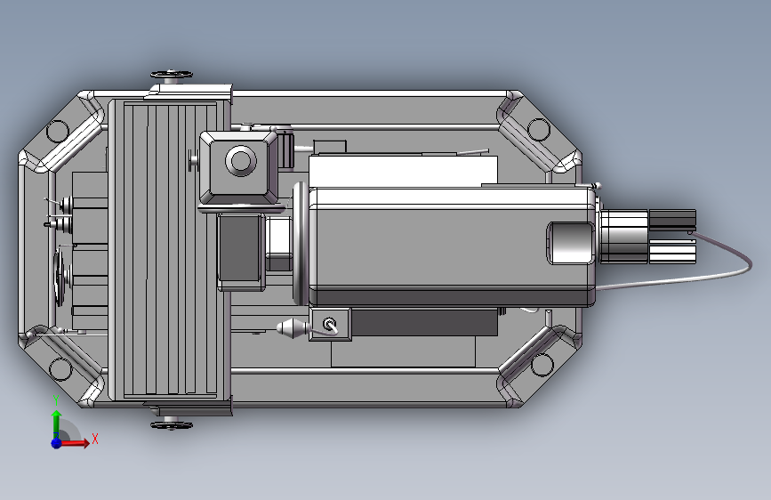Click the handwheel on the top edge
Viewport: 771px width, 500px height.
(x=172, y=74)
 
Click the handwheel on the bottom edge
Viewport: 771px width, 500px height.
(x=171, y=425)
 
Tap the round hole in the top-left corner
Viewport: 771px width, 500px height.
(x=58, y=131)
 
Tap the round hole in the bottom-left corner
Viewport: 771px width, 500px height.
(x=60, y=368)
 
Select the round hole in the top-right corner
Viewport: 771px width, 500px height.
(x=540, y=130)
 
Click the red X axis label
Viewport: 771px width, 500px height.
(x=94, y=439)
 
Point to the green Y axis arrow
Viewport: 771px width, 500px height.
(x=56, y=421)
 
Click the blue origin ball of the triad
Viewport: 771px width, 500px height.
(x=56, y=442)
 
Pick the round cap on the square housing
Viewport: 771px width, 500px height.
(x=240, y=161)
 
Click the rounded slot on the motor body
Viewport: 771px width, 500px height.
(x=569, y=243)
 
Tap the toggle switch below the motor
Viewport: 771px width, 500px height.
(x=329, y=325)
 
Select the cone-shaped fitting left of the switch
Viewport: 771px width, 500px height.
(x=292, y=330)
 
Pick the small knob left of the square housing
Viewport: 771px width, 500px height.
(x=194, y=160)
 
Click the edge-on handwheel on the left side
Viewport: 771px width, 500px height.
(x=60, y=277)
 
